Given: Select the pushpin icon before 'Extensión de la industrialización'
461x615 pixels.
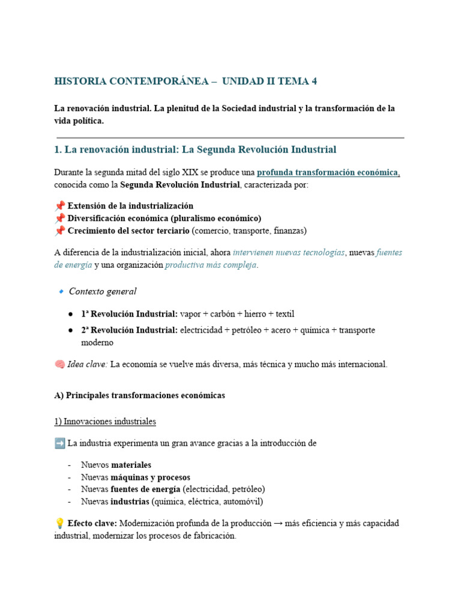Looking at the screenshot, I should click(x=59, y=206).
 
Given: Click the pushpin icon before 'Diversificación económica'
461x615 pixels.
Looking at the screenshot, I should click(x=59, y=218).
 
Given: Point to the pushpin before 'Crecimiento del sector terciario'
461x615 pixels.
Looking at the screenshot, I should click(x=59, y=231).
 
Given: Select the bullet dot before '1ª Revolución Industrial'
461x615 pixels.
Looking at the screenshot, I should click(x=70, y=314).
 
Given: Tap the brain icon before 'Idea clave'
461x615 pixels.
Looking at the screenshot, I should click(x=59, y=365).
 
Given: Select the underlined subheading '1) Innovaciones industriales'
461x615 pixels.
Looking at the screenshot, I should click(x=105, y=422).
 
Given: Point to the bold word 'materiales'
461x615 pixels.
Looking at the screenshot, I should click(x=131, y=465).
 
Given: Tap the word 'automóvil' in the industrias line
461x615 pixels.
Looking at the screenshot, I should click(x=242, y=501).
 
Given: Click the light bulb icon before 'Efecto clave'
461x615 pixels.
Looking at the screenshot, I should click(x=59, y=524).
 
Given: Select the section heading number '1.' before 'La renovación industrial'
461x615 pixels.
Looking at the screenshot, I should click(x=58, y=150).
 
